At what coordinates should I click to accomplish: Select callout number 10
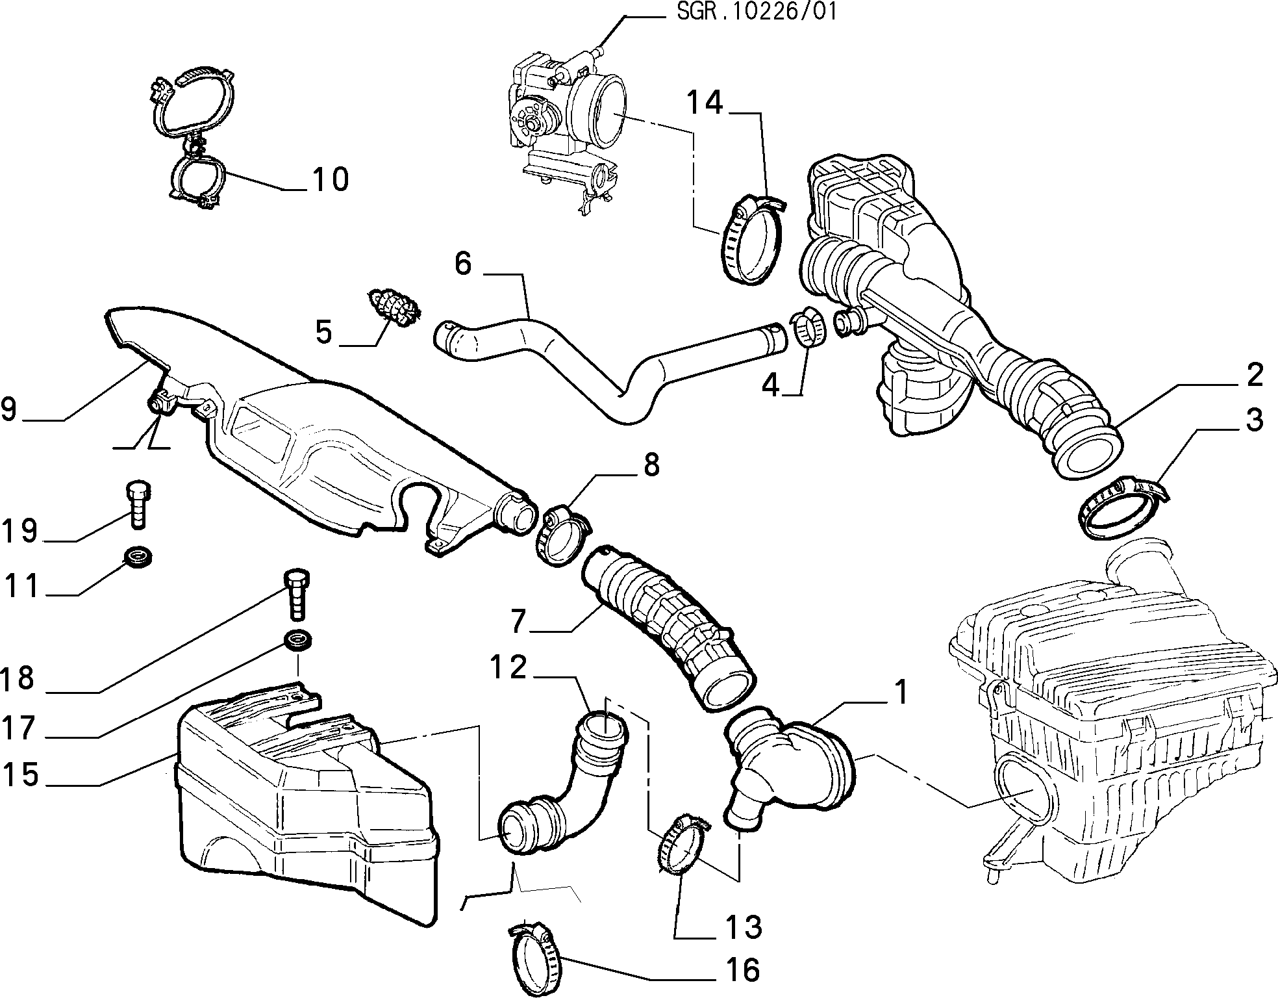coord(329,179)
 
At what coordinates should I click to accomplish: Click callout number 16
coord(741,970)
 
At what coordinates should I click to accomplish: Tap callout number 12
coord(508,667)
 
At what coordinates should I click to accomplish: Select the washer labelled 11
coord(138,557)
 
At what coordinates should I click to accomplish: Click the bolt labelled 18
coord(296,594)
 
